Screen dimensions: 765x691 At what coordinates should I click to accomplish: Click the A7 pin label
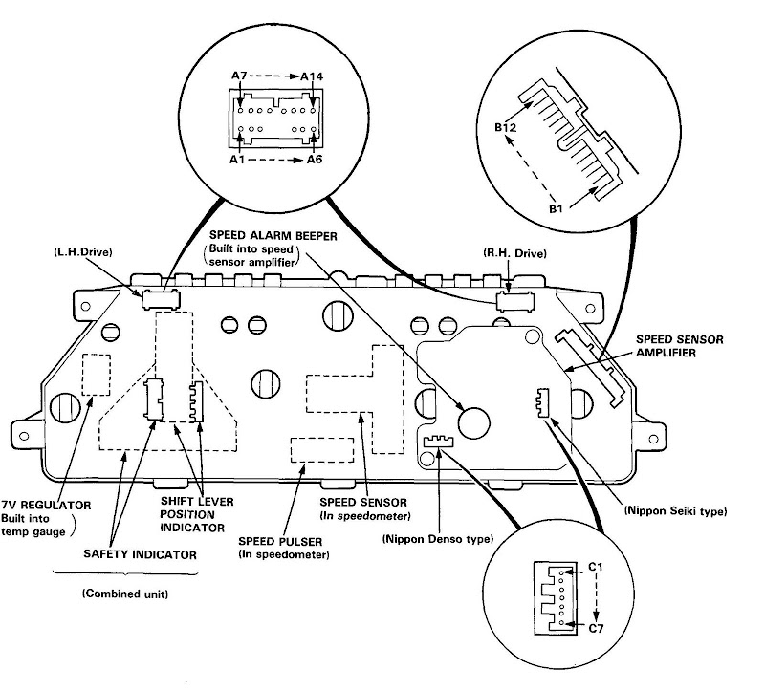pos(239,76)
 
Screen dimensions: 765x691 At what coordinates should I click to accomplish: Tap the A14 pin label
pos(312,76)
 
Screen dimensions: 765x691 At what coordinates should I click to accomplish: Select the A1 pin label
pos(237,160)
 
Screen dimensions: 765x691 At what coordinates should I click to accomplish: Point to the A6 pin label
pos(315,160)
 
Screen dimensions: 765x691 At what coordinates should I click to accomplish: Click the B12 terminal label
pos(505,127)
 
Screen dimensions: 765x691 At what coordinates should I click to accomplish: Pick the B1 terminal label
pos(556,208)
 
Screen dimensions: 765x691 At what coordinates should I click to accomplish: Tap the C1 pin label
pos(595,567)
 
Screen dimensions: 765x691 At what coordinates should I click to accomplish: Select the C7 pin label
pos(596,628)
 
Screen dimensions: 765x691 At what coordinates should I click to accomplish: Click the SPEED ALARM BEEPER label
pos(273,236)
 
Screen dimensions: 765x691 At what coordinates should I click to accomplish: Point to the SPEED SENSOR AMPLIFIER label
pos(679,346)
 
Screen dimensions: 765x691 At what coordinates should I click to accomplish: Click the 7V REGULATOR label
pos(46,506)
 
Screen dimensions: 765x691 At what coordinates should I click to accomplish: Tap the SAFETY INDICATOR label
pos(140,554)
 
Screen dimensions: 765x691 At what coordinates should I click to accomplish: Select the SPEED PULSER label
pos(280,541)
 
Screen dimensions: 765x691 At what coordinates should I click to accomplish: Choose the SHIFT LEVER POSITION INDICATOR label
pos(197,514)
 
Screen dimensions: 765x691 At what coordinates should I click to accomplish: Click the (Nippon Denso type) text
pos(438,539)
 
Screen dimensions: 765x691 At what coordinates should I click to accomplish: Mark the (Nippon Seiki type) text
pos(676,511)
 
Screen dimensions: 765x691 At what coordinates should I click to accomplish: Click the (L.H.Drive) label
pos(83,252)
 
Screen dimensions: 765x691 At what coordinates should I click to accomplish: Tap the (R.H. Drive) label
pos(514,253)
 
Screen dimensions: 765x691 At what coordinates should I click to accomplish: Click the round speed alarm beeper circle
pos(473,422)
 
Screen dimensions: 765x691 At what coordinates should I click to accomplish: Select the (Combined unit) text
pos(125,594)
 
